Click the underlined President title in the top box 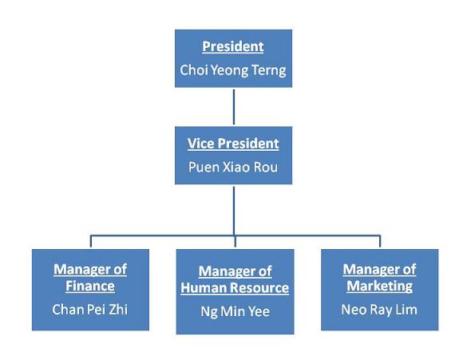click(233, 46)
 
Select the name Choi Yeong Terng click(233, 70)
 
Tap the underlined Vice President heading click(233, 144)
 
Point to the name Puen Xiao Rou click(233, 167)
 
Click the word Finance click(90, 286)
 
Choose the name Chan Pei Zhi click(90, 310)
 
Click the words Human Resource click(235, 287)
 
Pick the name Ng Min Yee click(235, 311)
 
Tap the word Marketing click(380, 286)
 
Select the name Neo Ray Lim click(379, 310)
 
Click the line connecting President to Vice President click(234, 107)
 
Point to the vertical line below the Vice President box click(234, 211)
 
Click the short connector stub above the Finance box click(91, 241)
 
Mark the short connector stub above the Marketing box click(380, 241)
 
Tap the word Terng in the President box click(268, 71)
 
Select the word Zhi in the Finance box click(118, 310)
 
